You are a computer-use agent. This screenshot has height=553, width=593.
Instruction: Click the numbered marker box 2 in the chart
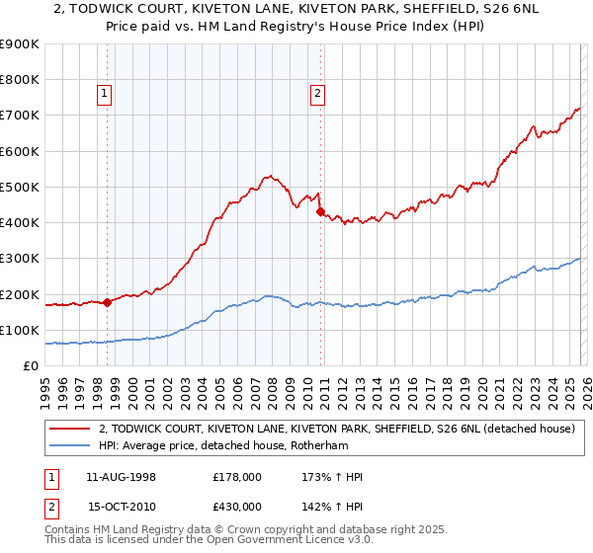coord(317,95)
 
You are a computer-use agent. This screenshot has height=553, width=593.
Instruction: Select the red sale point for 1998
coord(107,302)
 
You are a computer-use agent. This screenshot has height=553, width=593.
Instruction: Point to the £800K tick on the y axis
coord(21,80)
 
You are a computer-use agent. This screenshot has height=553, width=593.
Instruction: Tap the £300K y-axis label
coord(21,259)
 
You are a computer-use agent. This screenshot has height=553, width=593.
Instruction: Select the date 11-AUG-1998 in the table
coord(121,477)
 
